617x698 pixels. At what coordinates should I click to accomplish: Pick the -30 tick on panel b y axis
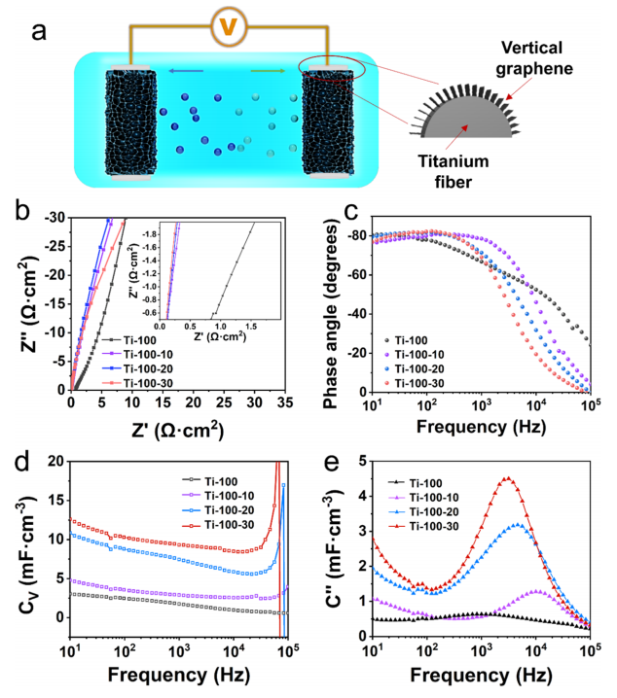54,217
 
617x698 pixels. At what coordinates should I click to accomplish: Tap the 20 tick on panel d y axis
55,461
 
